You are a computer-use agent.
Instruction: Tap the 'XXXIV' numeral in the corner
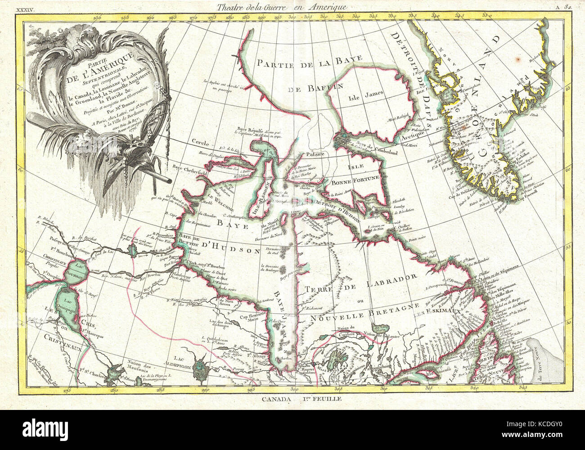(x=26, y=7)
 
